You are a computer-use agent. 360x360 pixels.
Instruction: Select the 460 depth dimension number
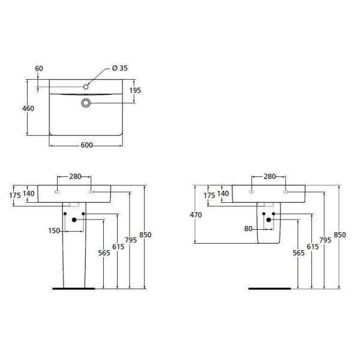[x=28, y=109]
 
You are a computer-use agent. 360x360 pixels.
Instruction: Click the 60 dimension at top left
[x=39, y=68]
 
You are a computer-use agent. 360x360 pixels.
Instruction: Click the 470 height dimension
[x=196, y=214]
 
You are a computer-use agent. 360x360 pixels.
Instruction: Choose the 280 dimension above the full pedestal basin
[x=74, y=176]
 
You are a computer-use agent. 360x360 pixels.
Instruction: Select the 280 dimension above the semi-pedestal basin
[x=269, y=176]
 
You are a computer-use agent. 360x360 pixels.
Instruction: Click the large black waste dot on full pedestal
[x=74, y=220]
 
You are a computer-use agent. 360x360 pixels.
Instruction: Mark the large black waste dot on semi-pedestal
[x=268, y=220]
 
